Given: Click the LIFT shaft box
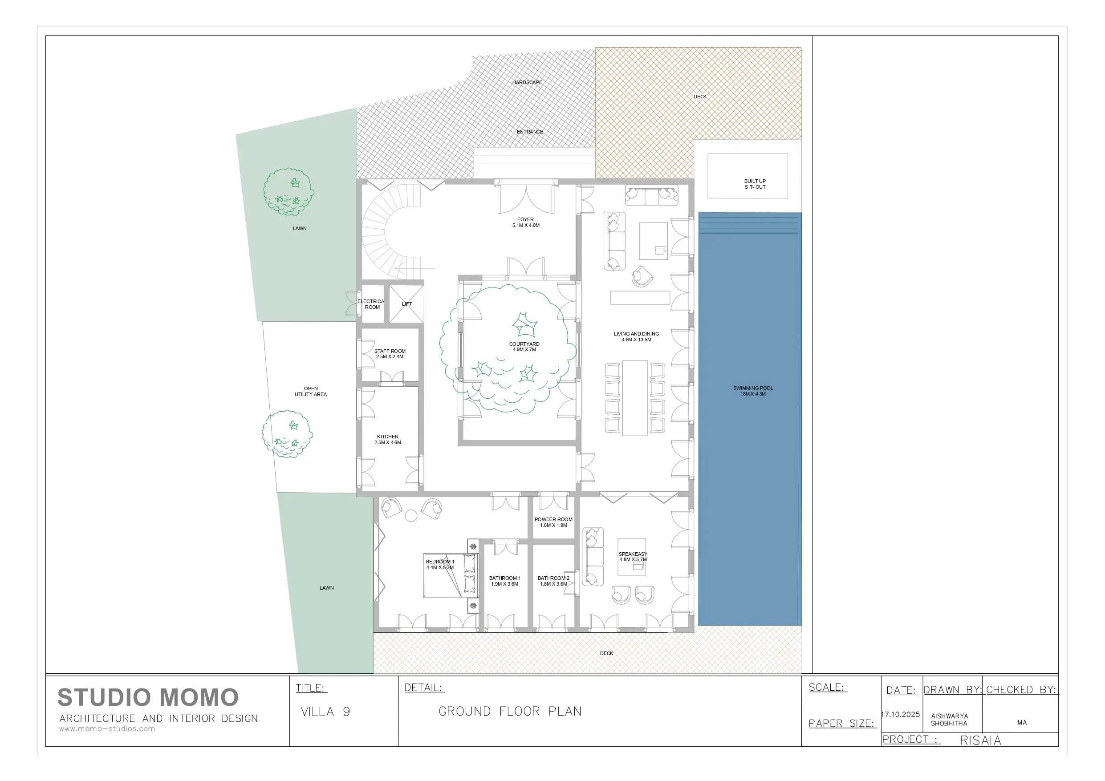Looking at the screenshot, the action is click(406, 303).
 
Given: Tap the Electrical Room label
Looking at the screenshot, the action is click(371, 304).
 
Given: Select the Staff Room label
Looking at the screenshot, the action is click(390, 354).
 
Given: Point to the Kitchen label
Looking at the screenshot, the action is click(387, 439).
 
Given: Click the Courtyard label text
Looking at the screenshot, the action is click(524, 347).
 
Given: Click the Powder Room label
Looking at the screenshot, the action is click(553, 522).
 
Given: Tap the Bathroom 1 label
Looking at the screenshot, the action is click(505, 581).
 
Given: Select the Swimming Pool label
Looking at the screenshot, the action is click(753, 391).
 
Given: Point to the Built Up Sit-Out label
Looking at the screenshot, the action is click(755, 184).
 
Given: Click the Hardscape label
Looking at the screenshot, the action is click(527, 82).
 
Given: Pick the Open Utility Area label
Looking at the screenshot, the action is click(310, 391).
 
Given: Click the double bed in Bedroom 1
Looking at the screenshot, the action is click(451, 575).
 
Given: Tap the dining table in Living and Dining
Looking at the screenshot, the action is click(635, 398).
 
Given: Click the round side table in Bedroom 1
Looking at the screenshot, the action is click(411, 515).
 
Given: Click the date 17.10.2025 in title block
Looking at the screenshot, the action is click(901, 714).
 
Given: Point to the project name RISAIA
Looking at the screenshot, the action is click(980, 740).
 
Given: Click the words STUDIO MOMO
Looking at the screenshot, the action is click(148, 697).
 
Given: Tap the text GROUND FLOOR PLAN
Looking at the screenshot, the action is click(510, 711).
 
